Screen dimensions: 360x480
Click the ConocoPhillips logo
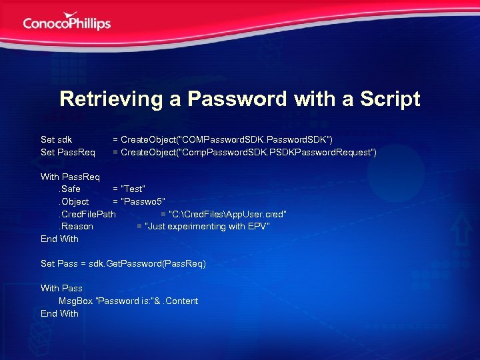click(67, 21)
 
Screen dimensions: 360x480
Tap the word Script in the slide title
click(390, 99)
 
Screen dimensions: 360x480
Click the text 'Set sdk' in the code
click(56, 139)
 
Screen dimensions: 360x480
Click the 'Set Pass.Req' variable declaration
click(68, 153)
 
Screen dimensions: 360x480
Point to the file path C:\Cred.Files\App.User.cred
click(229, 214)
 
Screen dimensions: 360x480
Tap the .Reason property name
click(76, 226)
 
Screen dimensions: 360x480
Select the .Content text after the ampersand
click(179, 301)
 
